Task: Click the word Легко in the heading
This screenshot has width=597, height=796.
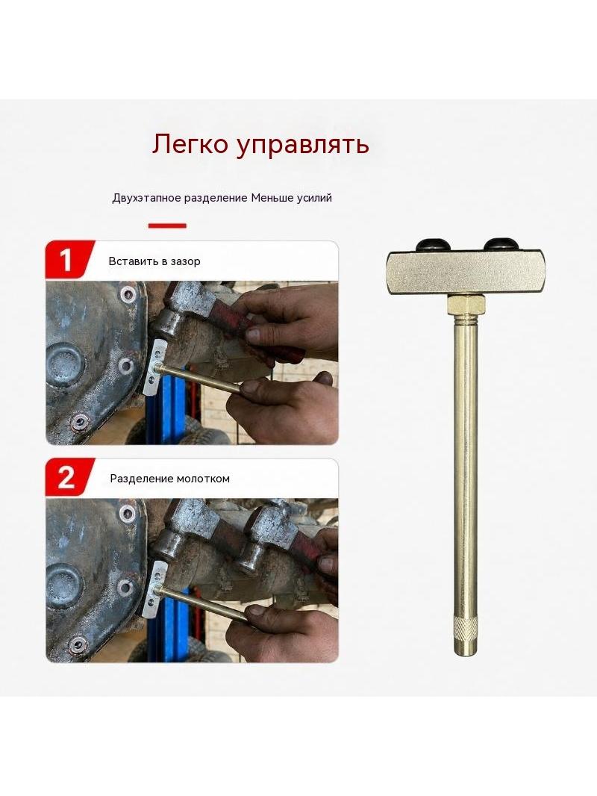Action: click(x=190, y=144)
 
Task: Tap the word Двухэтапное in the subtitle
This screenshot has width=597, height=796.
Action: click(x=146, y=198)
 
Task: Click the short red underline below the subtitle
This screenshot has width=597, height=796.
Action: click(x=167, y=226)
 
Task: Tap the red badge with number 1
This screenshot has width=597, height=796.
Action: click(x=69, y=260)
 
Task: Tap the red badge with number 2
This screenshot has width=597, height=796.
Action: click(x=69, y=477)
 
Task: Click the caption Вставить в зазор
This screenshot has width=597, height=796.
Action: click(x=154, y=261)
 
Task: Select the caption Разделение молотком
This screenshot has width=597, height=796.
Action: click(x=170, y=479)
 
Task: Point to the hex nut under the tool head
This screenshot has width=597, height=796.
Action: click(x=466, y=305)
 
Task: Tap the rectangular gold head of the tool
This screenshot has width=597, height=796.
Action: click(x=463, y=273)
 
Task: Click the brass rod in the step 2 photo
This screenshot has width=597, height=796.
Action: click(x=202, y=603)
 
